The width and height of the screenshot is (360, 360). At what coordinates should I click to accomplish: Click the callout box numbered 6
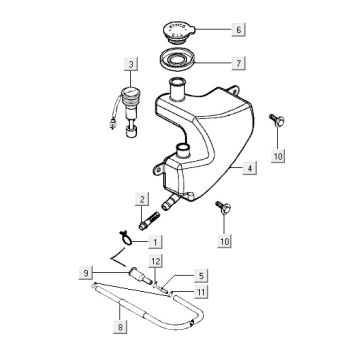tap(238, 29)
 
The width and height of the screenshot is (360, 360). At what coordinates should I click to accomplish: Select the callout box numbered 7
tap(238, 63)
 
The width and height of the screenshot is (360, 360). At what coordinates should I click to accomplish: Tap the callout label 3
tap(131, 65)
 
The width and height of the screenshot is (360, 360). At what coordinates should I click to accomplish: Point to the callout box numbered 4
tap(250, 168)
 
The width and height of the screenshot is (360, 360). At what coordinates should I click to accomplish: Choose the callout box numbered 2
tap(142, 199)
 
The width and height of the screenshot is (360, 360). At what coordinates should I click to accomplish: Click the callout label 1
tap(155, 241)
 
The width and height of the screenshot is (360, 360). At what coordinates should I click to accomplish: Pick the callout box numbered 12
tap(156, 261)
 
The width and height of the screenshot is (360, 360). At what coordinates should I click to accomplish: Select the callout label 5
tap(201, 276)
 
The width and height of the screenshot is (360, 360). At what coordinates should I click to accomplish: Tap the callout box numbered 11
tap(201, 292)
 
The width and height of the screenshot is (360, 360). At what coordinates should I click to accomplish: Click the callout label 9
tap(86, 274)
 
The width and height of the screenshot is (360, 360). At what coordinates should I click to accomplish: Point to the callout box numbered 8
tap(120, 327)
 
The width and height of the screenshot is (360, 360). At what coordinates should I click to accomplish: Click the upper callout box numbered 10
tap(278, 156)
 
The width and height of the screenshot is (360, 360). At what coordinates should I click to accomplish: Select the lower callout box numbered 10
tap(225, 241)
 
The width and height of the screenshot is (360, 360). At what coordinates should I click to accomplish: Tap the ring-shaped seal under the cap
tap(177, 60)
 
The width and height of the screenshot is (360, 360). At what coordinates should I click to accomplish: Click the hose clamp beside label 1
tap(125, 238)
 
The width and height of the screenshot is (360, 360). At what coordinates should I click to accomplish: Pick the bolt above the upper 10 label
tap(277, 120)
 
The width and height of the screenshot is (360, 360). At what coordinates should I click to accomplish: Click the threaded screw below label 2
tap(149, 220)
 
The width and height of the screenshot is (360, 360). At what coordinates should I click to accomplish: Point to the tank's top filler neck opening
tap(178, 81)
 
